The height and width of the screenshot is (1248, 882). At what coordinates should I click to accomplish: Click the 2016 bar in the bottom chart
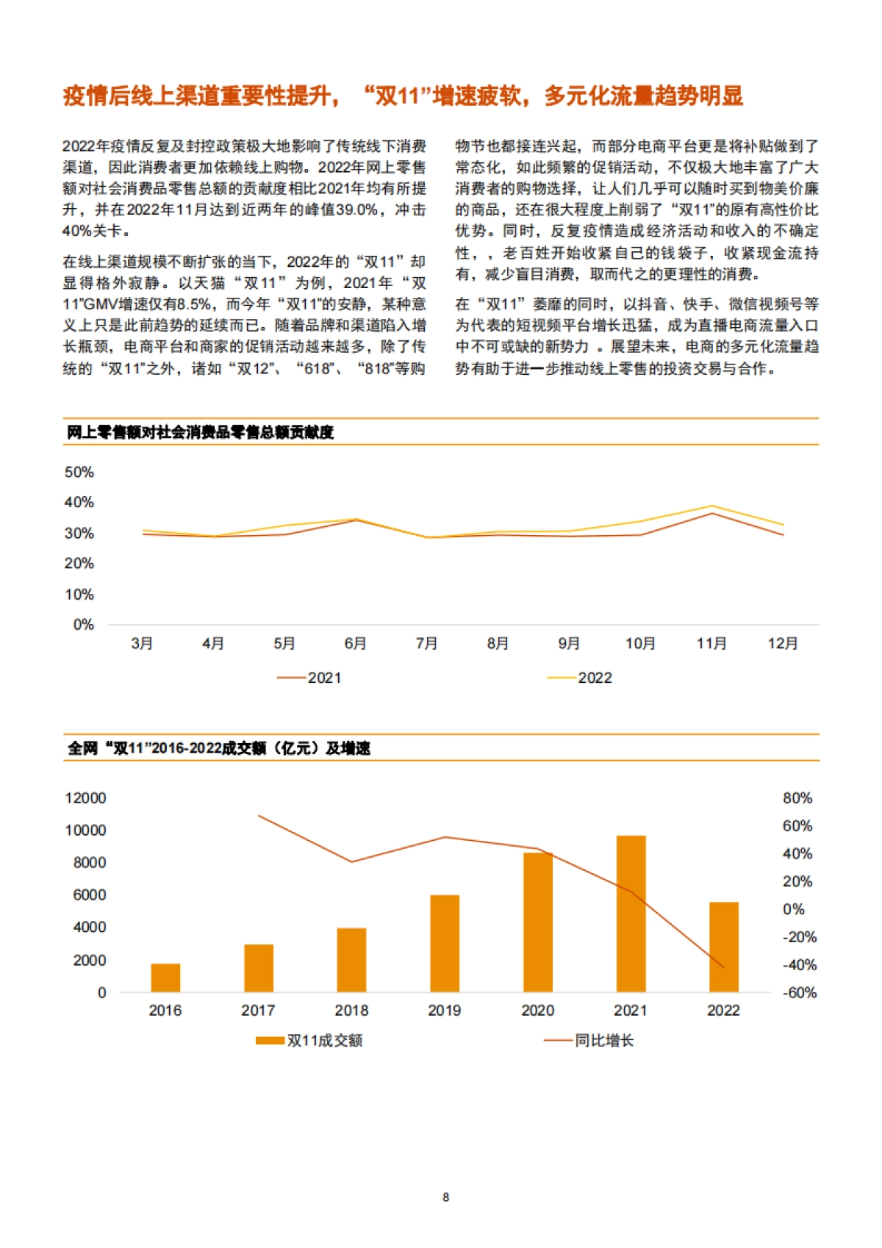[x=165, y=978]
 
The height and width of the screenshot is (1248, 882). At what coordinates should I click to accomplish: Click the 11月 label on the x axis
[x=711, y=644]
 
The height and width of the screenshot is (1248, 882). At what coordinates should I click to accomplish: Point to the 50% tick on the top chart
[x=79, y=473]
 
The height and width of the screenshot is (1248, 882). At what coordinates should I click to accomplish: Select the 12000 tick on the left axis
[x=85, y=798]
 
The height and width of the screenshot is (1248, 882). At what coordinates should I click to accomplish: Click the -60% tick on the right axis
[x=799, y=993]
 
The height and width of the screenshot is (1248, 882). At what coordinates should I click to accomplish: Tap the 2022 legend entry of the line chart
[x=580, y=678]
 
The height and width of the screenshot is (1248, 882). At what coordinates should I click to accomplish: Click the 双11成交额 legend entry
[x=309, y=1041]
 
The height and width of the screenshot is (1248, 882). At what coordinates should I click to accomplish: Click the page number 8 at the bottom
[x=445, y=1197]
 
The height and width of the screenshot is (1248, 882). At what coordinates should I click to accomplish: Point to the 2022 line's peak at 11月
[x=711, y=506]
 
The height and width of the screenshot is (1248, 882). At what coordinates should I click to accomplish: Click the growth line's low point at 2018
[x=352, y=862]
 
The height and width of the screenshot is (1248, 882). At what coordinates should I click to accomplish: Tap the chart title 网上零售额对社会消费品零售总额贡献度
[x=200, y=432]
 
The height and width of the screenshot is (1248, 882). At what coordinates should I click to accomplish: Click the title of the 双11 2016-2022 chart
[x=219, y=748]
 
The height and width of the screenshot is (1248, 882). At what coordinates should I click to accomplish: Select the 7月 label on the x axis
[x=426, y=644]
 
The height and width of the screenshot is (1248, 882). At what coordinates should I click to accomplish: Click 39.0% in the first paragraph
[x=356, y=209]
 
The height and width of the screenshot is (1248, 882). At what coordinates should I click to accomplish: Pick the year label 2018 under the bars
[x=351, y=1011]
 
